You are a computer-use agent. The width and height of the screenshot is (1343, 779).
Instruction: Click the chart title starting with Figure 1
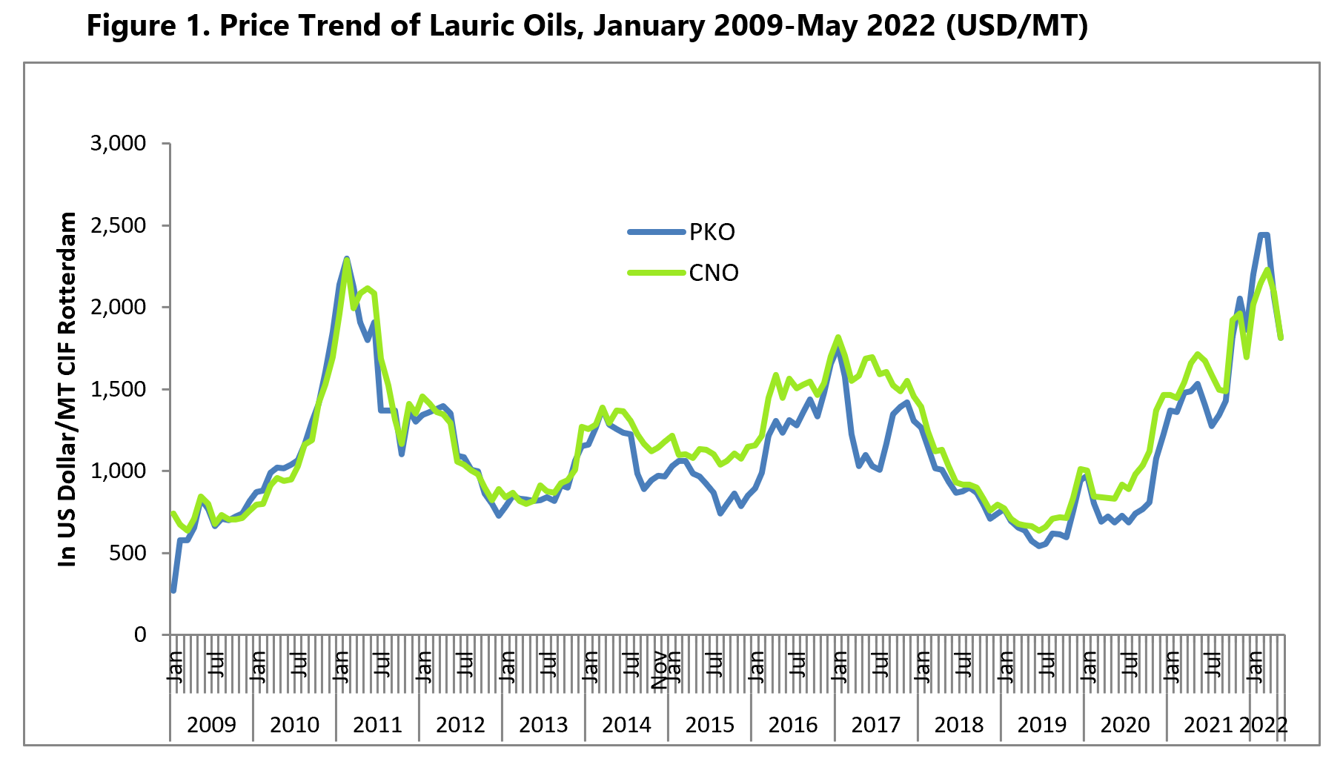pos(587,26)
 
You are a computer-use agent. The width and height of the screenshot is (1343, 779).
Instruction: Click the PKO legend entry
pos(712,233)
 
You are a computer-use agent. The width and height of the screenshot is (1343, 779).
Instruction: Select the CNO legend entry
pos(714,274)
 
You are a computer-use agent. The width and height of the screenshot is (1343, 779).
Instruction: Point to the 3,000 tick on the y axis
pos(118,144)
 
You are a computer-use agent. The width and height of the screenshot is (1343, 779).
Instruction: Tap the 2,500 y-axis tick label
pos(118,225)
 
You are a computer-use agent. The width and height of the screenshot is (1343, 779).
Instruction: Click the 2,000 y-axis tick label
pos(118,308)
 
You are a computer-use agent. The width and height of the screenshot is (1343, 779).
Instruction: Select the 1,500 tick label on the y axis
pos(118,389)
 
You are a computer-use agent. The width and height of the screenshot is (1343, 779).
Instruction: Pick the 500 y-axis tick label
pos(128,553)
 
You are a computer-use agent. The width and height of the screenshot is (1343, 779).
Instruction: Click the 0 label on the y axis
pos(140,635)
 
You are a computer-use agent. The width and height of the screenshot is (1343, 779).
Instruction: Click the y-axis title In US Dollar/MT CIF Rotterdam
pos(68,389)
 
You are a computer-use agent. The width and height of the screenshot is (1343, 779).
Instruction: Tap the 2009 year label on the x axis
pos(211,724)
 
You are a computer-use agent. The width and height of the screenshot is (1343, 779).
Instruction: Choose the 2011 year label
pos(377,724)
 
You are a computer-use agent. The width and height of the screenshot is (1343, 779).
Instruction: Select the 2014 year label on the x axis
pos(626,724)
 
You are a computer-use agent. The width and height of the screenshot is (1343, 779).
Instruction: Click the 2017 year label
pos(875,724)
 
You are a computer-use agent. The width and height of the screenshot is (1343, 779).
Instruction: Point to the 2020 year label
pos(1124,724)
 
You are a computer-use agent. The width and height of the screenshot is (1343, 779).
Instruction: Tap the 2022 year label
pos(1264,724)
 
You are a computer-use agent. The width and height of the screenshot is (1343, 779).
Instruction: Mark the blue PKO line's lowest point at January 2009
pos(173,591)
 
